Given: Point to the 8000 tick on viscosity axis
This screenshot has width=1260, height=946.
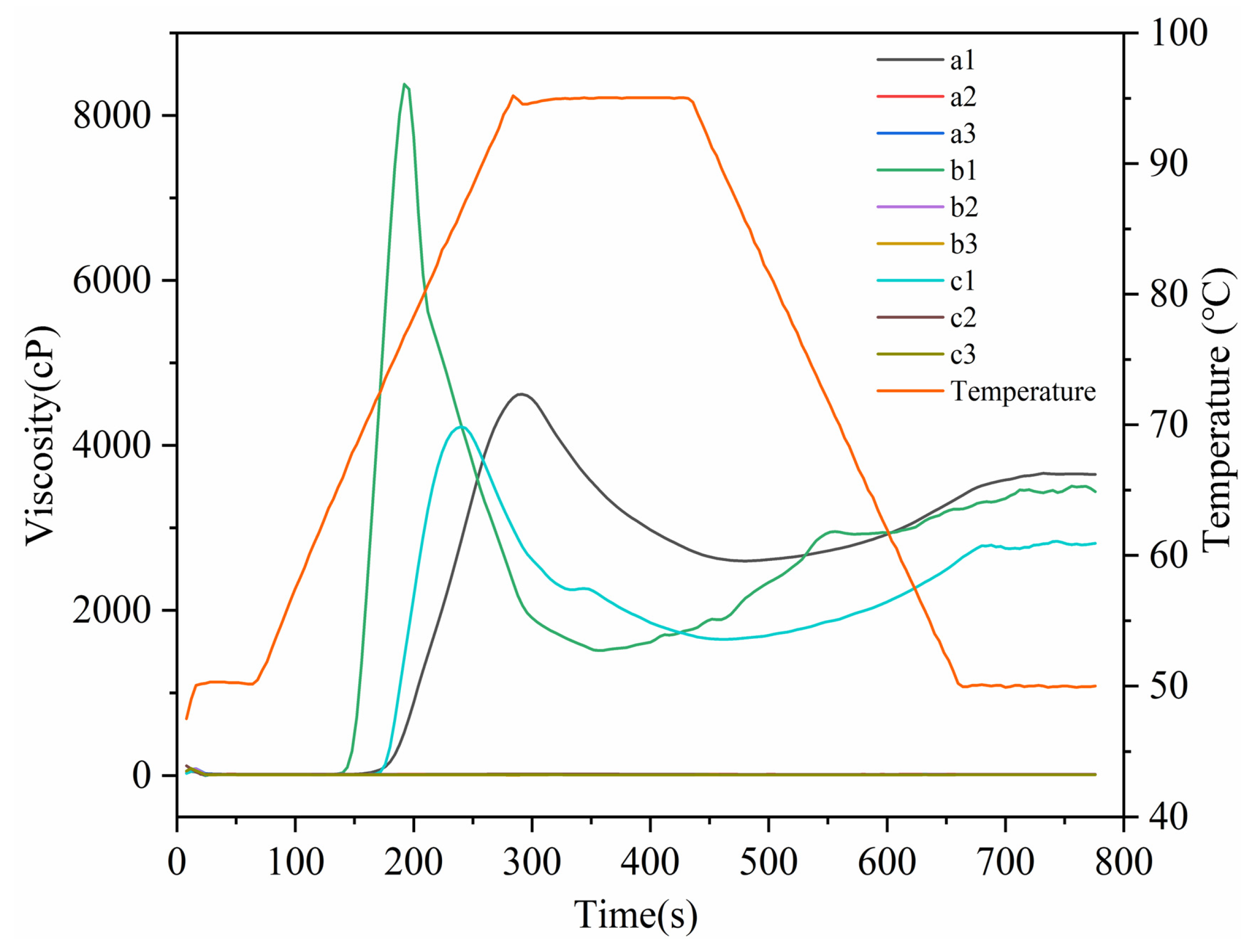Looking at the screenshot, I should (111, 116).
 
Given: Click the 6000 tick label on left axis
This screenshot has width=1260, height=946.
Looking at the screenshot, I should (111, 281).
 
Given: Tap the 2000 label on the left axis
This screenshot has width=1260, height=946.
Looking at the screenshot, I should (111, 610).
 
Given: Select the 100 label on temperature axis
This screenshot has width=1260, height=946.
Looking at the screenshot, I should (1179, 32).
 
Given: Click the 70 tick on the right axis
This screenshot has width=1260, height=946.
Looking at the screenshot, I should (1168, 425).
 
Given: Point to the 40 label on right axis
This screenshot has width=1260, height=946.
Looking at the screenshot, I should (1168, 816).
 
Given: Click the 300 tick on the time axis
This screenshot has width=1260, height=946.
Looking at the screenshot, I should (531, 862).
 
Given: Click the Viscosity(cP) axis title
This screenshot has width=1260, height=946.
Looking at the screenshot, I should (41, 436).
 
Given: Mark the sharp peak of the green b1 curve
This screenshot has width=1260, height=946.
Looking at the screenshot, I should (404, 84).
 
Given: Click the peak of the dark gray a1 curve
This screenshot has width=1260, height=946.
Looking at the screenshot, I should (520, 393).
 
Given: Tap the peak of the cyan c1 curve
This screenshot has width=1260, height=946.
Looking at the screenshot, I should (463, 427).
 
